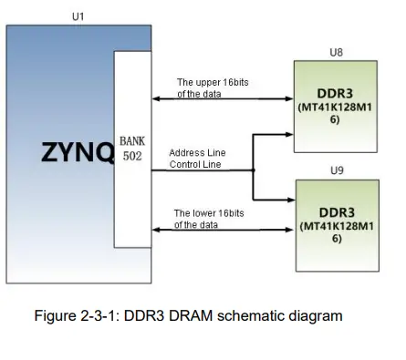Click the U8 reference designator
336,53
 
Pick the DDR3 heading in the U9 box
336,212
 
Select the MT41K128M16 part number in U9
336,231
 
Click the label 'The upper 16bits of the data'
212,88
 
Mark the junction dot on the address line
254,170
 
